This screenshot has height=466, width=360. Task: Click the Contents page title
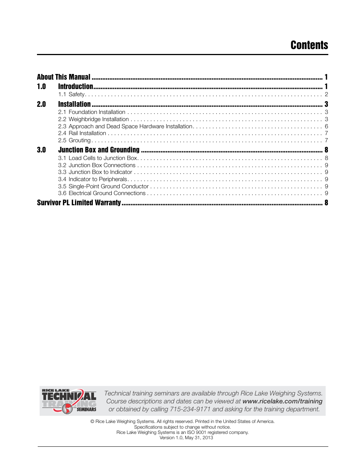pyautogui.click(x=309, y=45)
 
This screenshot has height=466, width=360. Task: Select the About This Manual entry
pyautogui.click(x=64, y=77)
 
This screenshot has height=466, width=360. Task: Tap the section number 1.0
pyautogui.click(x=42, y=87)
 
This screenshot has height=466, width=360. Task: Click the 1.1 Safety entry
pyautogui.click(x=72, y=94)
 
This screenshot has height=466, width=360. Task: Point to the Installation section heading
pyautogui.click(x=74, y=104)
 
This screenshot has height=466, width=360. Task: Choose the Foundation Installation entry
pyautogui.click(x=92, y=112)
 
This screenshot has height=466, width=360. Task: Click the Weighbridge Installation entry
pyautogui.click(x=94, y=119)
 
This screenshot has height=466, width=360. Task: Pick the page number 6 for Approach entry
pyautogui.click(x=326, y=126)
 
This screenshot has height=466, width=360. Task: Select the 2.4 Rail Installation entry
pyautogui.click(x=82, y=133)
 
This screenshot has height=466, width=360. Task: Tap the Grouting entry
pyautogui.click(x=75, y=140)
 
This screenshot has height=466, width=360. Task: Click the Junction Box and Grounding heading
pyautogui.click(x=99, y=150)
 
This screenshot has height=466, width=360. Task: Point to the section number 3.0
pyautogui.click(x=42, y=150)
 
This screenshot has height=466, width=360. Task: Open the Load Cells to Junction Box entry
pyautogui.click(x=98, y=158)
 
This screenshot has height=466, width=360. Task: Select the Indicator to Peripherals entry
pyautogui.click(x=93, y=179)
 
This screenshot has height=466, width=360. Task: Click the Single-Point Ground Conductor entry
pyautogui.click(x=103, y=186)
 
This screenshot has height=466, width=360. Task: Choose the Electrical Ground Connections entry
pyautogui.click(x=102, y=193)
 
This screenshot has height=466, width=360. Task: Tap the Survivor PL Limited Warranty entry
pyautogui.click(x=79, y=203)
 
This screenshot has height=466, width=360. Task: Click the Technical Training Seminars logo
pyautogui.click(x=69, y=401)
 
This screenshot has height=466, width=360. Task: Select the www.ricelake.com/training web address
pyautogui.click(x=282, y=401)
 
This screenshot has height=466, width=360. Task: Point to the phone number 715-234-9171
pyautogui.click(x=190, y=409)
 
